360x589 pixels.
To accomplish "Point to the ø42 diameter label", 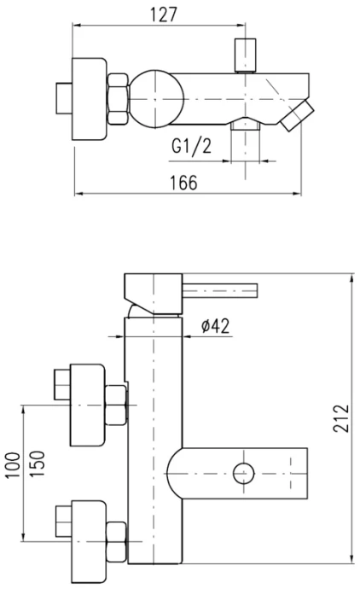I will click(215, 326).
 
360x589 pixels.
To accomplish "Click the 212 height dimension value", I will click(341, 418).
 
